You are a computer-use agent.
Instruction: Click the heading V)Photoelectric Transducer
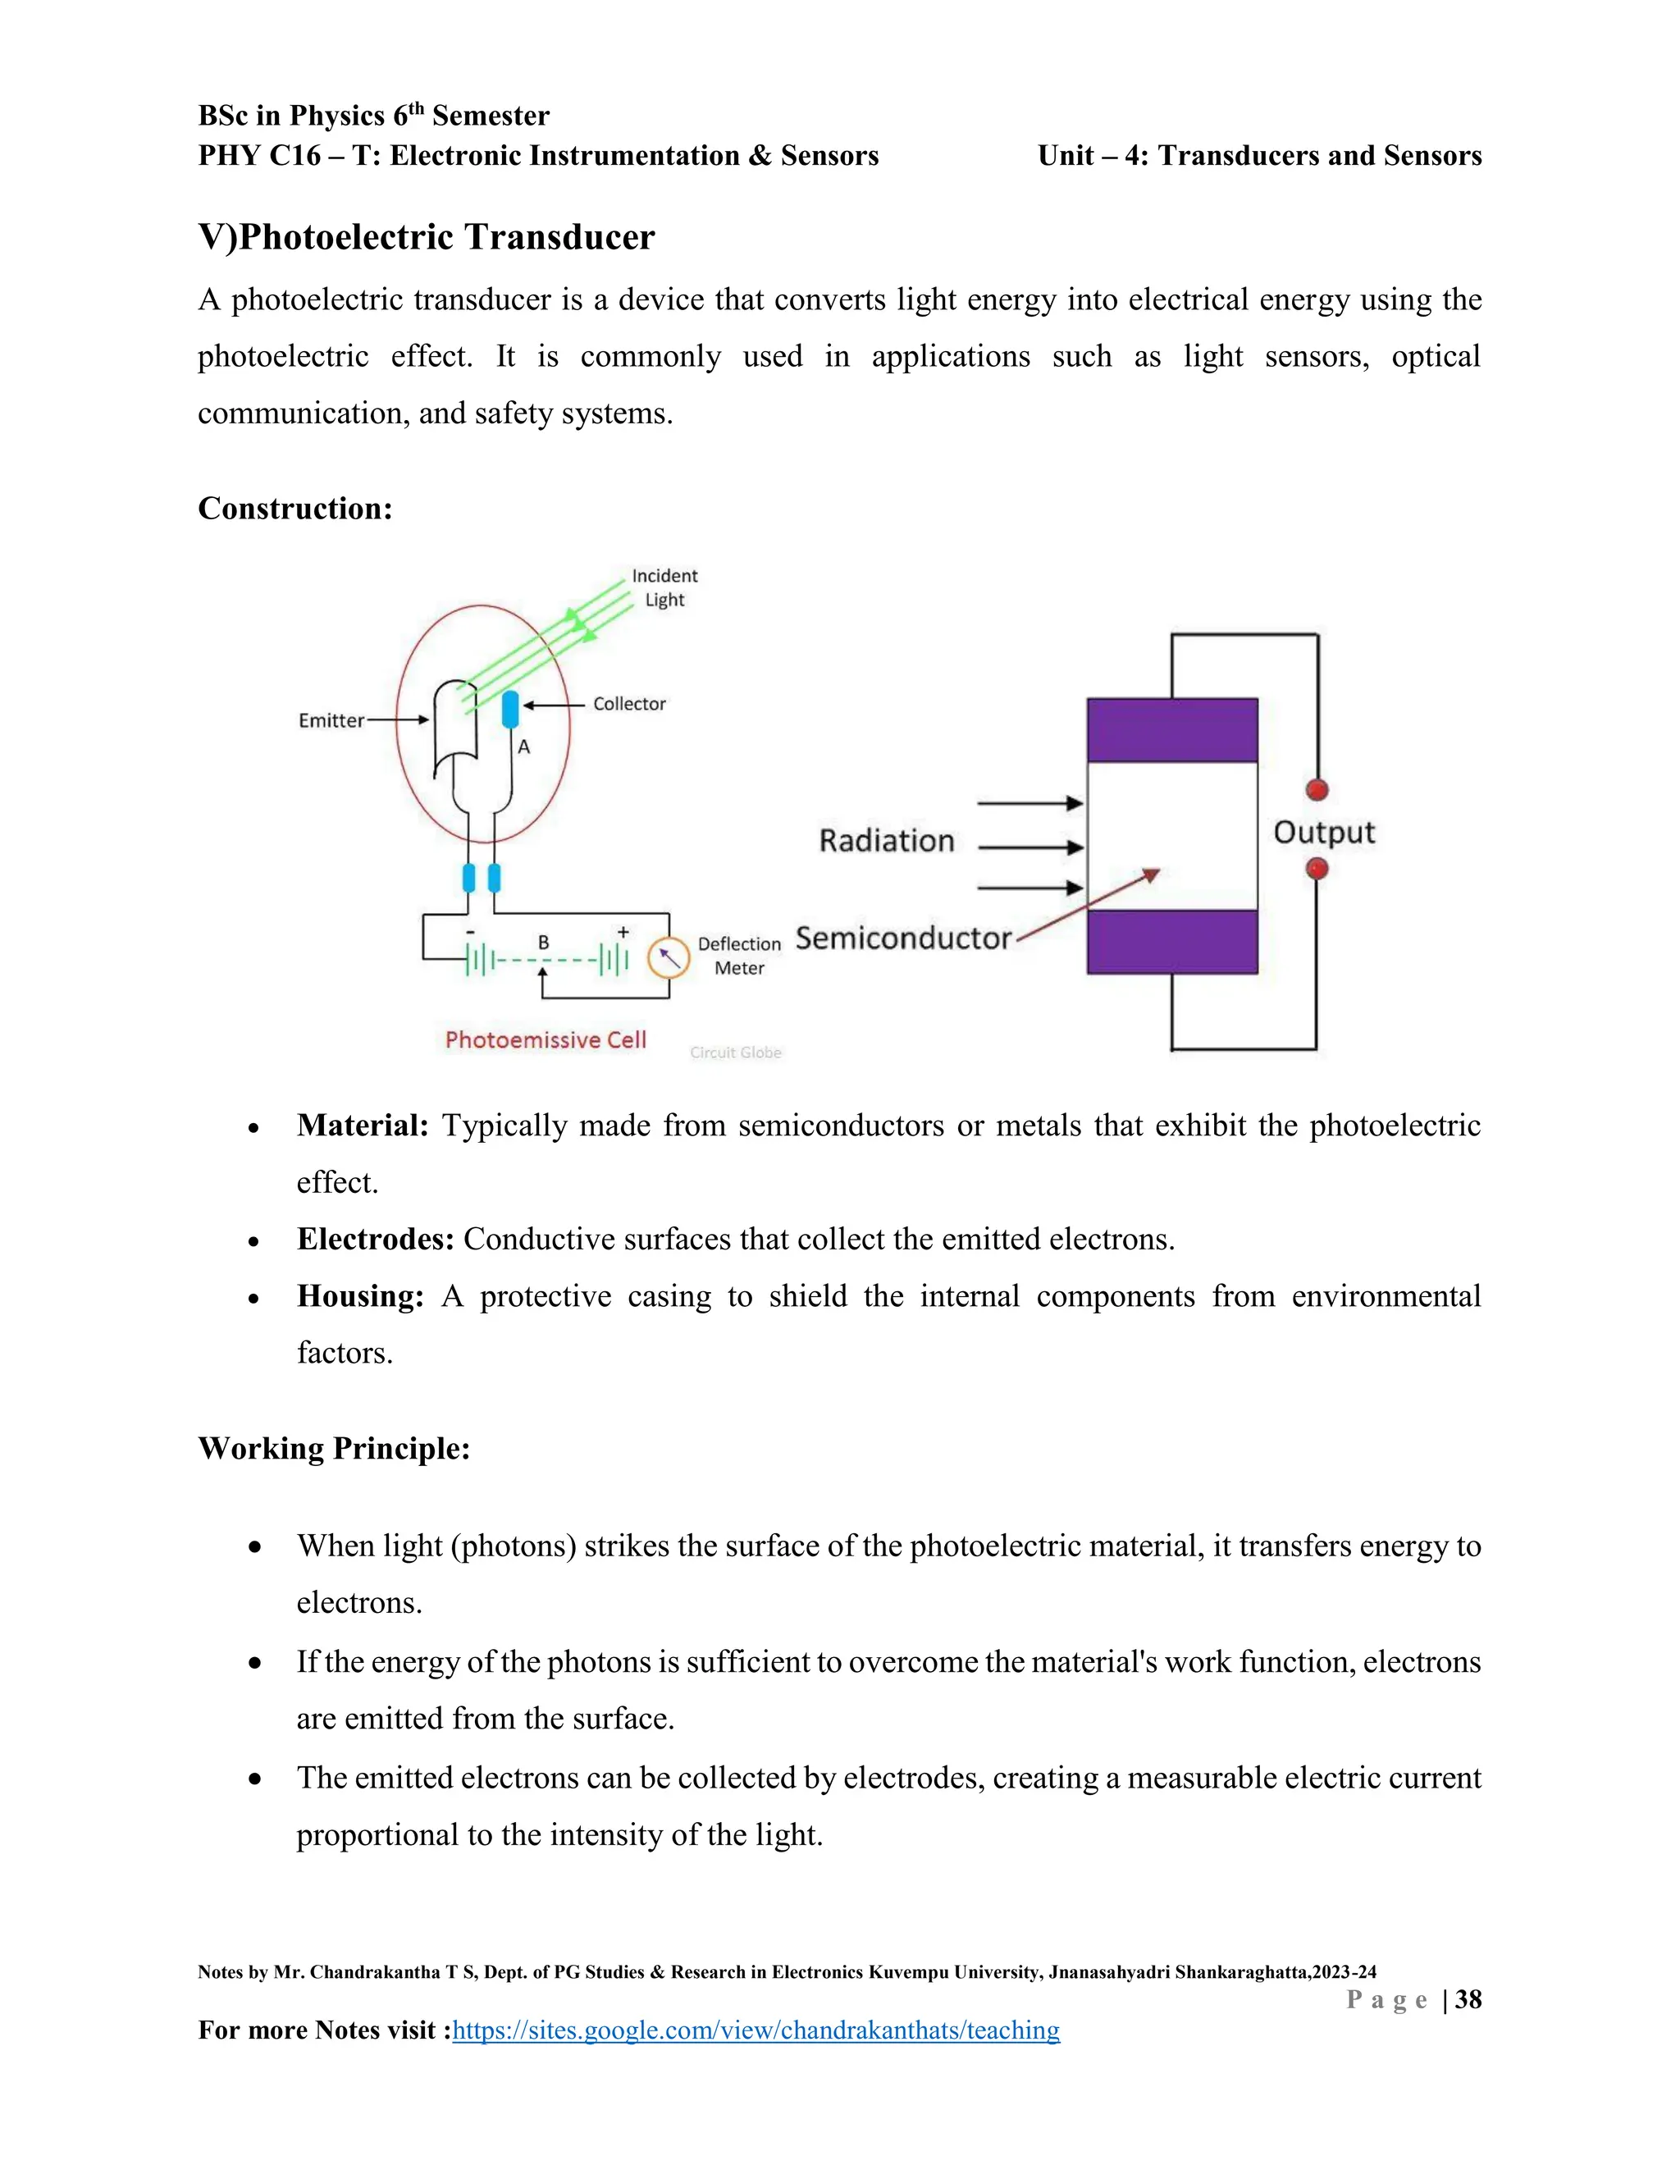pos(426,238)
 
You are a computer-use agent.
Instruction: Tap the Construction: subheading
pos(294,509)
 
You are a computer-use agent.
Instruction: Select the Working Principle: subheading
pos(333,1448)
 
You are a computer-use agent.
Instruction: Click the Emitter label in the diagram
pos(331,720)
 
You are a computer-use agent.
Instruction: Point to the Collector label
pos(629,704)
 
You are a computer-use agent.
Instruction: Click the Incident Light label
pos(664,587)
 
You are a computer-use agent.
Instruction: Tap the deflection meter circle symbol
pos(669,958)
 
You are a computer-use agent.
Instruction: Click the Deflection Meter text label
pos(739,956)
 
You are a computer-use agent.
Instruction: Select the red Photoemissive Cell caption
pos(546,1040)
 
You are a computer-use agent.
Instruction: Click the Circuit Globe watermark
pos(736,1053)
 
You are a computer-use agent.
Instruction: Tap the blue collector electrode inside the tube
pos(510,710)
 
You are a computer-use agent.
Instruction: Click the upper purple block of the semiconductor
pos(1171,731)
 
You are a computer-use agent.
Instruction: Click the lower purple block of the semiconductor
pos(1171,942)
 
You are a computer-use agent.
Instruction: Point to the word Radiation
pos(886,841)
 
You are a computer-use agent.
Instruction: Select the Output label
pos(1324,832)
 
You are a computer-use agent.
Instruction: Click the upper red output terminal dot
pos(1317,790)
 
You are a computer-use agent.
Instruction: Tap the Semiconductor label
pos(902,939)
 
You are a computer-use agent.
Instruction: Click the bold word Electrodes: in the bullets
pos(375,1240)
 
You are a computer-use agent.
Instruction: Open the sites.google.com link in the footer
pos(756,2030)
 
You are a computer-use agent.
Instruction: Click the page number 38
pos(1468,2000)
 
